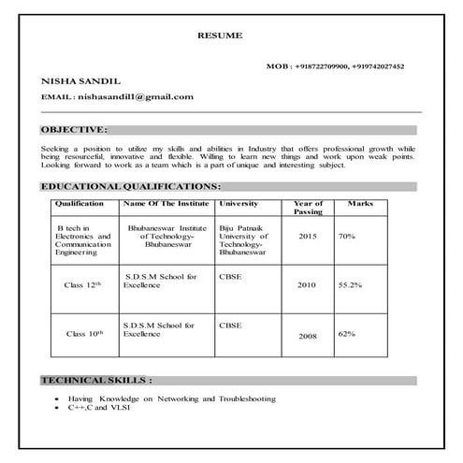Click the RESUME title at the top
tap(220, 35)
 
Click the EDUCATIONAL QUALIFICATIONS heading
tap(132, 186)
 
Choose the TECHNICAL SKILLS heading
tap(97, 381)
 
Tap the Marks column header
tap(360, 203)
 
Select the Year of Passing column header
tap(308, 207)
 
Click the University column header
tap(239, 203)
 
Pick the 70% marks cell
tap(347, 237)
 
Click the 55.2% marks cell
tap(350, 283)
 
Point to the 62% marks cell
tap(347, 333)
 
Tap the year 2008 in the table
tap(308, 336)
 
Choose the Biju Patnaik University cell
tap(244, 240)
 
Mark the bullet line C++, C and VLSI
tap(98, 409)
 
